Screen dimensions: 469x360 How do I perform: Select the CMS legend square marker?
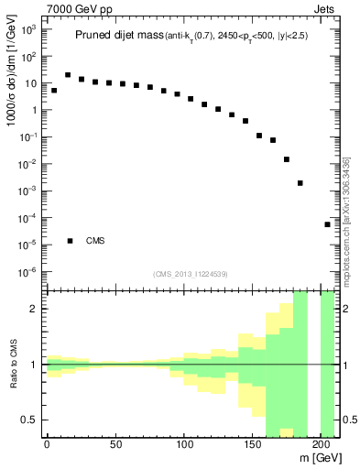(x=70, y=241)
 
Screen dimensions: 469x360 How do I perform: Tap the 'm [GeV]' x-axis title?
(x=317, y=458)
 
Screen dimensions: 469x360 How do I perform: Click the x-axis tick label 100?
(x=184, y=446)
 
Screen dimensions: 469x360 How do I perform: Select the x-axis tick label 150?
(x=253, y=446)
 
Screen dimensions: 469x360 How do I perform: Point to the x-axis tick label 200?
(x=321, y=446)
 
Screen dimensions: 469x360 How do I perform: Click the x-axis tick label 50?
(x=115, y=446)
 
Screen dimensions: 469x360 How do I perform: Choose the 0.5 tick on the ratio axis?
(x=32, y=420)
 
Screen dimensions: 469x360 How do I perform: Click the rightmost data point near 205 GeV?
(x=327, y=224)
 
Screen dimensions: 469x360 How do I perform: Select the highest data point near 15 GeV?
(x=68, y=75)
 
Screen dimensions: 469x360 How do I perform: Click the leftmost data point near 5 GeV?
(x=54, y=91)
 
